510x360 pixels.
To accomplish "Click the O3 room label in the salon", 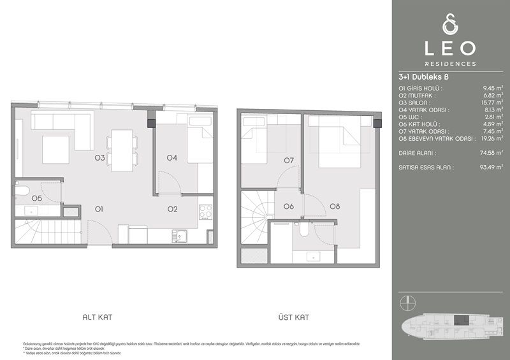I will point(100,157).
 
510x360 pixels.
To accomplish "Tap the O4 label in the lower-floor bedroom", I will point(172,157).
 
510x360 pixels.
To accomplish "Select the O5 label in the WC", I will point(36,198).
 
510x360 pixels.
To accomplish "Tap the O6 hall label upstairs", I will point(288,206).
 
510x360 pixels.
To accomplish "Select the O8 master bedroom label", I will point(335,206).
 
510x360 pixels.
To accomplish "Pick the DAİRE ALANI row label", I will point(417,154).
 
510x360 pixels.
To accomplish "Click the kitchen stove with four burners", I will point(206,211).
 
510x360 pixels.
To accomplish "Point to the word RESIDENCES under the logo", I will point(451,64).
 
